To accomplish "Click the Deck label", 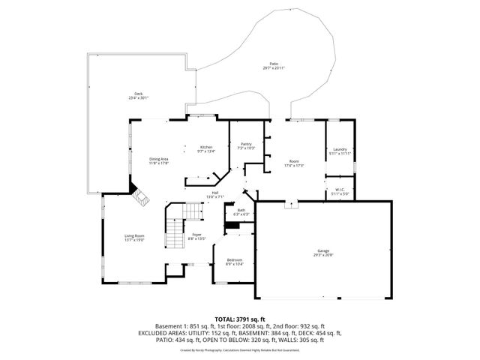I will [x=137, y=94].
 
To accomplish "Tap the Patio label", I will [x=274, y=64].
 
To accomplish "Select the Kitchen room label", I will [x=205, y=147].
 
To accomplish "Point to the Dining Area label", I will [x=158, y=158].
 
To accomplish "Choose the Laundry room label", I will [x=340, y=149].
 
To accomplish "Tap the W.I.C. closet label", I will [x=340, y=190].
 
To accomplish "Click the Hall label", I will [x=215, y=193].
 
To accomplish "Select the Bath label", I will [x=241, y=210].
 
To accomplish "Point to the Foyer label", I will [x=196, y=235].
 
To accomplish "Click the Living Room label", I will [x=134, y=236].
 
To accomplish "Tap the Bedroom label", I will [x=234, y=259].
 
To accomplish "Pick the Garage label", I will [x=324, y=251].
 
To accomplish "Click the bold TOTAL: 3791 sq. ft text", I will [x=240, y=319].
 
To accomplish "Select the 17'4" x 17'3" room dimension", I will [x=294, y=166].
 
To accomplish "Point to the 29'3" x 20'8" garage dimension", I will [x=324, y=256].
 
